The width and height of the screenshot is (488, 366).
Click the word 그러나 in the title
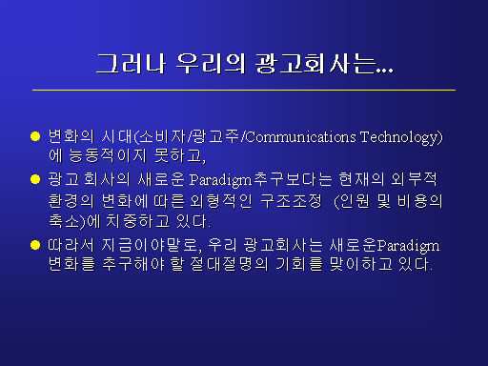pyautogui.click(x=131, y=64)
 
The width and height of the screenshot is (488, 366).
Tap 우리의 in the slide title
pyautogui.click(x=211, y=64)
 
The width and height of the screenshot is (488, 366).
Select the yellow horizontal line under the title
pyautogui.click(x=244, y=90)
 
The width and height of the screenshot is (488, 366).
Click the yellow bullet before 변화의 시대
pyautogui.click(x=35, y=136)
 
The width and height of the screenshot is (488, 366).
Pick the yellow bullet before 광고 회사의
pyautogui.click(x=35, y=179)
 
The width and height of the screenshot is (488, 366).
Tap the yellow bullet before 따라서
pyautogui.click(x=35, y=245)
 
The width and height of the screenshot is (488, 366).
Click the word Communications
pyautogui.click(x=301, y=137)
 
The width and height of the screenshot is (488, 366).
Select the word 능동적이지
pyautogui.click(x=108, y=155)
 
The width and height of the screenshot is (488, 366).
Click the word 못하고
pyautogui.click(x=178, y=155)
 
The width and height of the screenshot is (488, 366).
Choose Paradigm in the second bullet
pyautogui.click(x=220, y=180)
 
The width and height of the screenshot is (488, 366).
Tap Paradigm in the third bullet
pyautogui.click(x=409, y=246)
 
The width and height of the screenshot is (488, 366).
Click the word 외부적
pyautogui.click(x=414, y=179)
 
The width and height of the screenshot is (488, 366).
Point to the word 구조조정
pyautogui.click(x=291, y=201)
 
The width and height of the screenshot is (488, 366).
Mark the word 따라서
pyautogui.click(x=71, y=245)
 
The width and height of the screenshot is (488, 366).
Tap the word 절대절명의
pyautogui.click(x=229, y=264)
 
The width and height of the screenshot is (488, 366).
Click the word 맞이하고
pyautogui.click(x=360, y=264)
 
